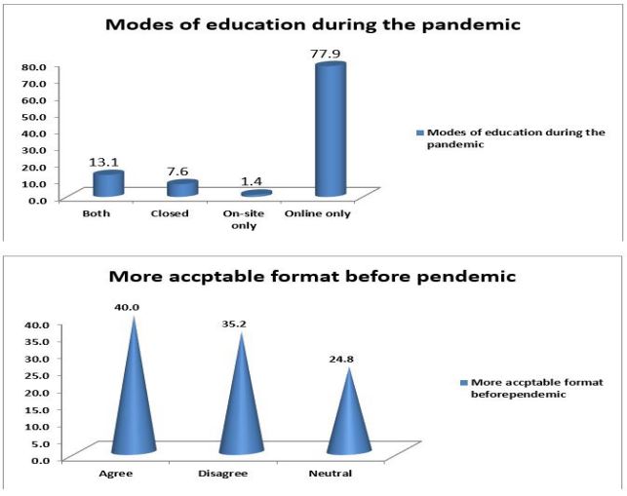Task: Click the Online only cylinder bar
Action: coord(331,130)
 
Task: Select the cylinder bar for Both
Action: coord(108,183)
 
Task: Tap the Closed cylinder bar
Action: coord(182,188)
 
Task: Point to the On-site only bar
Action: coord(256,194)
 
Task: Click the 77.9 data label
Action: coord(325,54)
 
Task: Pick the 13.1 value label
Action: coord(103,163)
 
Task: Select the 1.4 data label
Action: coord(252,181)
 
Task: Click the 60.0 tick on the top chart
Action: coord(35,100)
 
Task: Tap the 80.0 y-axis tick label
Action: coord(35,66)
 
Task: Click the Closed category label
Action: coord(170,213)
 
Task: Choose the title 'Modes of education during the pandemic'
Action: coord(313,24)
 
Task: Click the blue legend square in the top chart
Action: coord(420,133)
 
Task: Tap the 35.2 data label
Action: coord(234,324)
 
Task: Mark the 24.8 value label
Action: coord(341,359)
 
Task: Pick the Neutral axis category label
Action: coord(331,474)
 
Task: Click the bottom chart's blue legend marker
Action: coord(464,383)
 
